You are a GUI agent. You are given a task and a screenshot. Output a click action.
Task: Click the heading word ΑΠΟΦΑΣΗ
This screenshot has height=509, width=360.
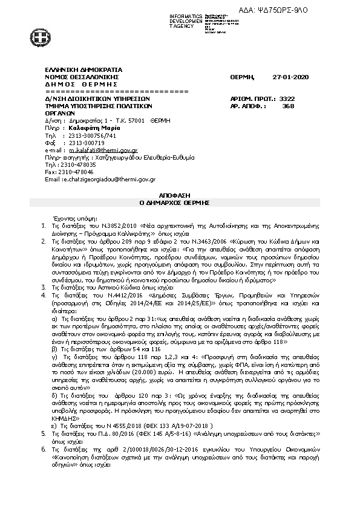click(180, 196)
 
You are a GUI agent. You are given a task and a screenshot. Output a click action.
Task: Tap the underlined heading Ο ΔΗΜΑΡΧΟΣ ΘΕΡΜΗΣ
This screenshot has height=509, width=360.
click(180, 203)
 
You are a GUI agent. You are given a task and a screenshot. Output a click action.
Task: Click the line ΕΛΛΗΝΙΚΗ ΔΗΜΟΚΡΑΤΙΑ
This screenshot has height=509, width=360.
click(83, 70)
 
